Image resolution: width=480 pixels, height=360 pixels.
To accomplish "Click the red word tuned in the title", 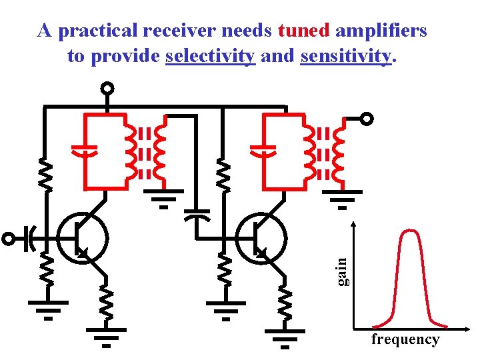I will tap(304, 31).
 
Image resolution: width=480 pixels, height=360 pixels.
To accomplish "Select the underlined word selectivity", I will tap(210, 57).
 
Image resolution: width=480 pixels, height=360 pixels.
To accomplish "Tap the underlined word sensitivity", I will tap(345, 57).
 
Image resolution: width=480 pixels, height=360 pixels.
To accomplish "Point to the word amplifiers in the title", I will tap(381, 31).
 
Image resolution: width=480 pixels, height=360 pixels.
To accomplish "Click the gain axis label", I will tap(342, 272).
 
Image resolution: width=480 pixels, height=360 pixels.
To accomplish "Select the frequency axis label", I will tap(405, 339).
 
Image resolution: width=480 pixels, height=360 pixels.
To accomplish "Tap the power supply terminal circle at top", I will tap(107, 88).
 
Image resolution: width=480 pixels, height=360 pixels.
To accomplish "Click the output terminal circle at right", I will tap(367, 119).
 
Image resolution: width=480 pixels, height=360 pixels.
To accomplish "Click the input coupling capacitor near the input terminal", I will tap(30, 238).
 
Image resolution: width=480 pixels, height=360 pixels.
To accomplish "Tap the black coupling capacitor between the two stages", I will tap(196, 215).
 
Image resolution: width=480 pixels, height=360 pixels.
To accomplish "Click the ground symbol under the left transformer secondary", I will tap(164, 199).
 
